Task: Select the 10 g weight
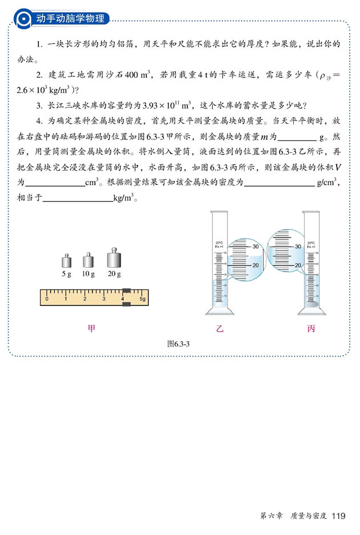pyautogui.click(x=88, y=261)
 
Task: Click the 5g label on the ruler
pyautogui.click(x=143, y=299)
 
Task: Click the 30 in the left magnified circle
pyautogui.click(x=255, y=247)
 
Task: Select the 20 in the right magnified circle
pyautogui.click(x=297, y=266)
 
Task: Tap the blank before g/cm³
pyautogui.click(x=279, y=183)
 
